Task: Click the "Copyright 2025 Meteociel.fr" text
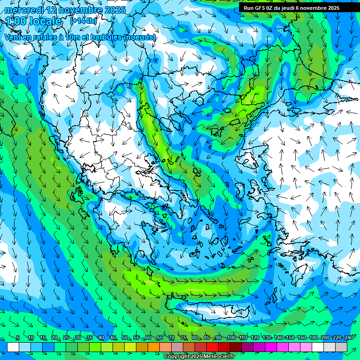199,357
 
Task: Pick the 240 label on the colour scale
348,337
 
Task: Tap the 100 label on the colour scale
231,337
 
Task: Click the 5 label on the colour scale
18,337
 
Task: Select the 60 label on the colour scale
148,337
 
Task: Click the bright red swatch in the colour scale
212,347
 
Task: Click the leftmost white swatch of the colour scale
13,347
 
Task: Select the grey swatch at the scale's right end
341,347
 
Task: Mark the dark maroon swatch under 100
236,347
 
